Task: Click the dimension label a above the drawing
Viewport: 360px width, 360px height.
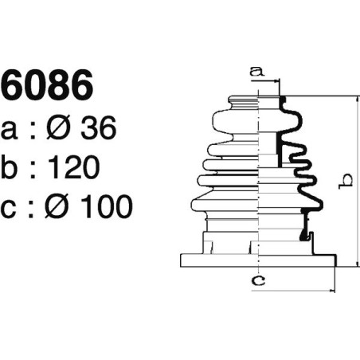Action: coord(256,72)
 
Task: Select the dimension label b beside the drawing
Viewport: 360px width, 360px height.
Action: coord(345,182)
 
